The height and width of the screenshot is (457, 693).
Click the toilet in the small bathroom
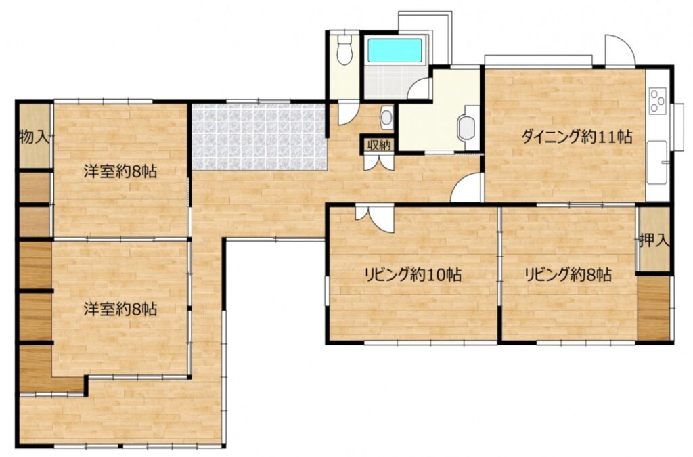343,49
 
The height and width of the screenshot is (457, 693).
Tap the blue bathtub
395,50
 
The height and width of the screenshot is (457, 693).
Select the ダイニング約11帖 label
577,137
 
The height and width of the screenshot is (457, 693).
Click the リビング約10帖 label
413,275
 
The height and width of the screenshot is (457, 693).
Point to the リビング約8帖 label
568,275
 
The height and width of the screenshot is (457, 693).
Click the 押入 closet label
654,240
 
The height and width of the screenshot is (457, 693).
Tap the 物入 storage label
34,137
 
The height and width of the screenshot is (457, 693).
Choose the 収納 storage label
378,144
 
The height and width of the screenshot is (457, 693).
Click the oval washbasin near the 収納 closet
386,118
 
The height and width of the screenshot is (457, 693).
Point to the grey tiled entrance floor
260,137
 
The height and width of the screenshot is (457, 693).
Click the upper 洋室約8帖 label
120,171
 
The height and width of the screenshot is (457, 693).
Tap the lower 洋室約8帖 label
120,309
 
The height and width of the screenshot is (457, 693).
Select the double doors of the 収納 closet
378,162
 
